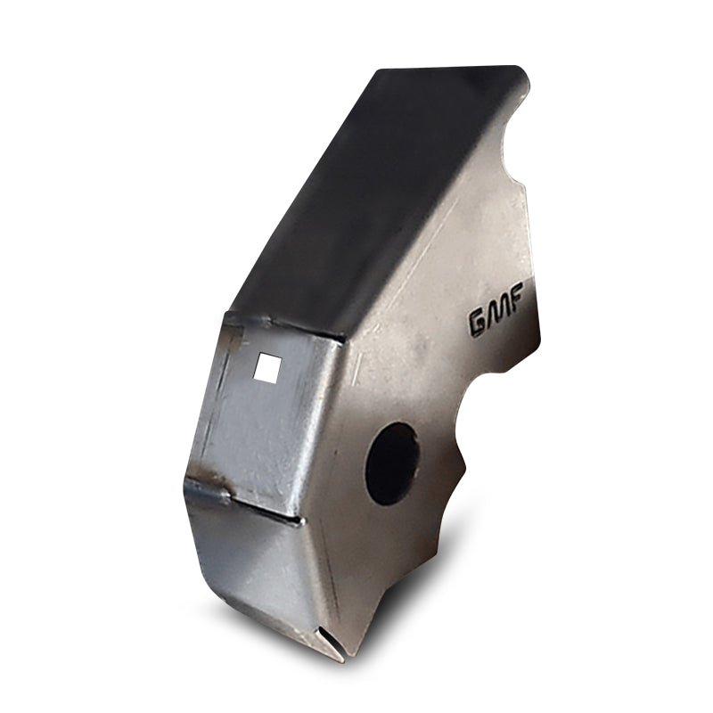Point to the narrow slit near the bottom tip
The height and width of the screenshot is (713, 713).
tap(327, 643)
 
